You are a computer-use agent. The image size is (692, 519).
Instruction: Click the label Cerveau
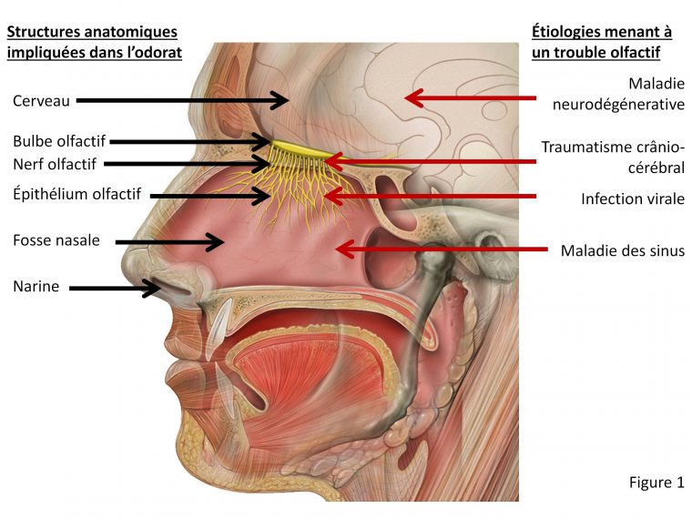click(x=41, y=101)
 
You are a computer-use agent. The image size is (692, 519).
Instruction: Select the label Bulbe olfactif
click(x=59, y=142)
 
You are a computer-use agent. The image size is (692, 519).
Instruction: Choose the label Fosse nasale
click(x=56, y=241)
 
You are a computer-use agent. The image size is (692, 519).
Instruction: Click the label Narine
click(x=36, y=288)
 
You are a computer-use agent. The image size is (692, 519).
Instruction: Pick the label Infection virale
click(x=633, y=198)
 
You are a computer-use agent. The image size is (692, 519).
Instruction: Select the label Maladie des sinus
click(x=622, y=249)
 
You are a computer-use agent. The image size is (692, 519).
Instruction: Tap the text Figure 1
click(x=656, y=482)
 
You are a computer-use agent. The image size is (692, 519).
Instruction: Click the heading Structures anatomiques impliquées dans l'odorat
click(x=95, y=42)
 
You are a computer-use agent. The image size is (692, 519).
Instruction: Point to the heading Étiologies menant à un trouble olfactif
click(x=602, y=42)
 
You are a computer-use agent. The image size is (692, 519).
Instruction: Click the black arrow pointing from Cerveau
click(x=182, y=100)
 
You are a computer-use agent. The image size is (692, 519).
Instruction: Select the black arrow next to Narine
click(x=114, y=289)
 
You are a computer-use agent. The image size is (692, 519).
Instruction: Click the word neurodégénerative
click(x=618, y=104)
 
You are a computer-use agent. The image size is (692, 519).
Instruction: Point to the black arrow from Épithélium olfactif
click(x=209, y=195)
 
